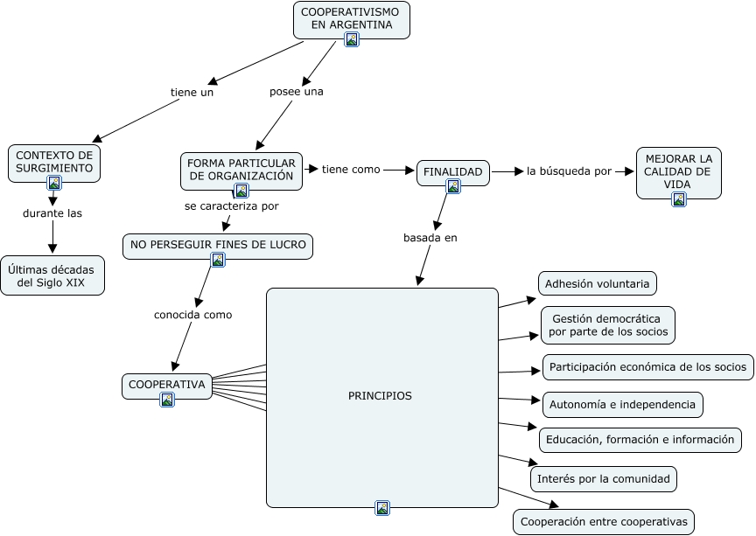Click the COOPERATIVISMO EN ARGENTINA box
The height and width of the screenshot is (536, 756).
(352, 20)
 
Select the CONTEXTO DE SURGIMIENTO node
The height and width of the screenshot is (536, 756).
(54, 164)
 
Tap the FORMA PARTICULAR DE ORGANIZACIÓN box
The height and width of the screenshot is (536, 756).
(241, 171)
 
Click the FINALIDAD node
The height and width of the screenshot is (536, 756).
(452, 172)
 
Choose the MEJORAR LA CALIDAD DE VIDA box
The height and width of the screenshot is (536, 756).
(678, 172)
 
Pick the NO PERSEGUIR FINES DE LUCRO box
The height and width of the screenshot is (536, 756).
(218, 247)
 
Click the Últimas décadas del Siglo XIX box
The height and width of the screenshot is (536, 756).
(52, 275)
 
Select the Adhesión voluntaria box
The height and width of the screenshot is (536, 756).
(597, 283)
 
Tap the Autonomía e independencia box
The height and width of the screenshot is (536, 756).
(622, 405)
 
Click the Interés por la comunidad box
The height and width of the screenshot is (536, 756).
(604, 478)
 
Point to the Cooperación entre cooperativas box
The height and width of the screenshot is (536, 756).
(604, 521)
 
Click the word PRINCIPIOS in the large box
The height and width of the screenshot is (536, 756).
(380, 396)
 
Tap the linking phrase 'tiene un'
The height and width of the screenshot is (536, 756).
(192, 92)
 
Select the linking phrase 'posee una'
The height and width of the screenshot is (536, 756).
(296, 92)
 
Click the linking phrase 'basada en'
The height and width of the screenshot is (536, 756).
(430, 238)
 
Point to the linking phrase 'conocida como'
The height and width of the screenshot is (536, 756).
(192, 315)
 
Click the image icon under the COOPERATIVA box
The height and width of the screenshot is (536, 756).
(167, 399)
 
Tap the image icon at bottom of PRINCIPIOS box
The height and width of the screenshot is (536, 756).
(382, 507)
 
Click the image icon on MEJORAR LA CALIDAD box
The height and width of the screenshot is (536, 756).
(679, 199)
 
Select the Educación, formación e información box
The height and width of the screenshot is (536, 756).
(640, 440)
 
